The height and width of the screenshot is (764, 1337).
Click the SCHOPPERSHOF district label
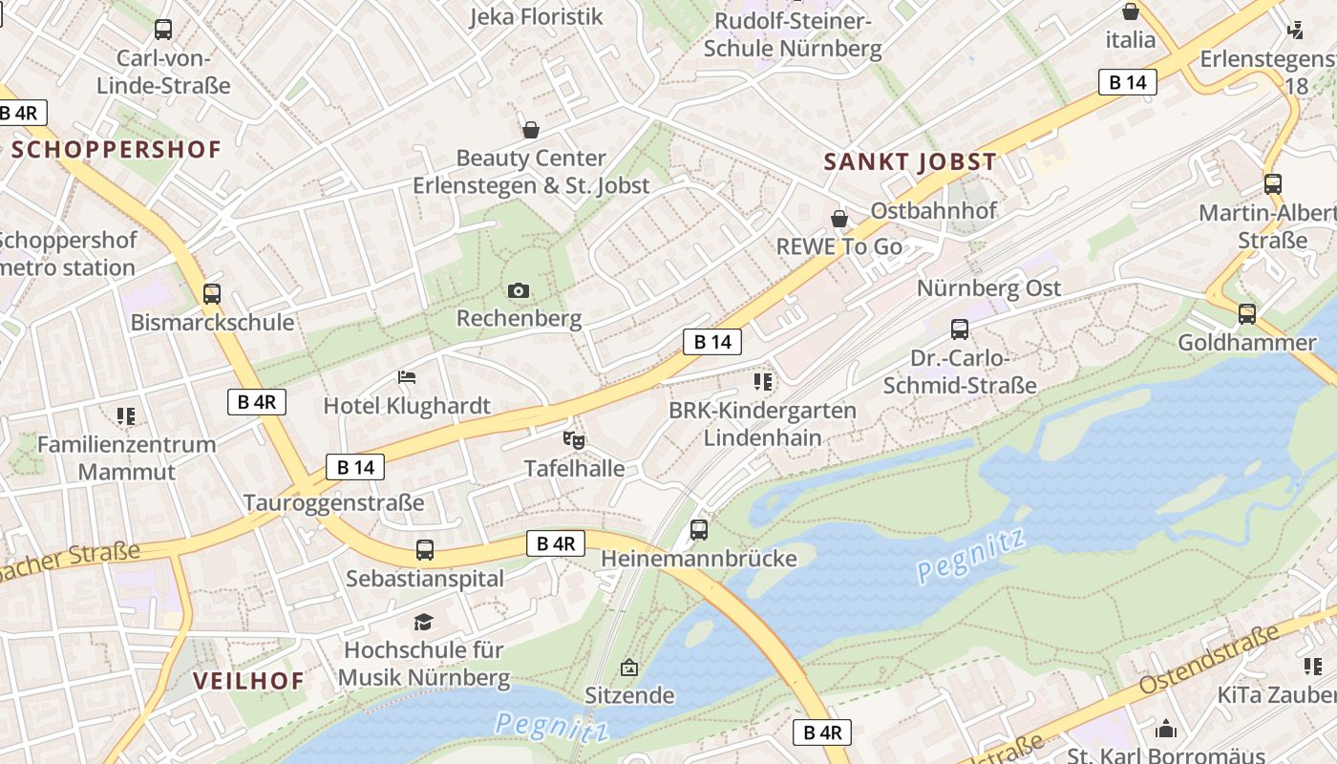[117, 149]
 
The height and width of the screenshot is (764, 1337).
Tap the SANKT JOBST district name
[910, 161]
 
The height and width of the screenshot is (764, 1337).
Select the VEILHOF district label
[248, 681]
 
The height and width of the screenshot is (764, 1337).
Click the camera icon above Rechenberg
[519, 290]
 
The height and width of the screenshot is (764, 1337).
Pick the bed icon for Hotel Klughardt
[407, 377]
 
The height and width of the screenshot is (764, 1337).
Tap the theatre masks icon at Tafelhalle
[574, 440]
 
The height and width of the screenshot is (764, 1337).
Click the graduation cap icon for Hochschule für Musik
[423, 623]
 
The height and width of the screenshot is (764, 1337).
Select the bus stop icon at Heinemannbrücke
[699, 529]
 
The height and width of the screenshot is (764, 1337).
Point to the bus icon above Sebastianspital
[425, 550]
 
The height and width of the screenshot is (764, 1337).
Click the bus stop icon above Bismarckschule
[212, 294]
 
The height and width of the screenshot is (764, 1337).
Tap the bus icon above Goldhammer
[1246, 313]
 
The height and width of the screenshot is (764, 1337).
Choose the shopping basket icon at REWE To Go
[839, 219]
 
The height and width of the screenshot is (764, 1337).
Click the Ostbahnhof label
[933, 210]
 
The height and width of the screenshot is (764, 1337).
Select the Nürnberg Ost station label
[988, 288]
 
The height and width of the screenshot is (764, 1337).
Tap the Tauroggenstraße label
[333, 502]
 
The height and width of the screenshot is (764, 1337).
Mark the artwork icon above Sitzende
[628, 667]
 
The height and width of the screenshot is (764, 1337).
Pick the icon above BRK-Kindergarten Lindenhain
[762, 382]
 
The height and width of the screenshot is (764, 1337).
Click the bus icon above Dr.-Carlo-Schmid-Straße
[960, 329]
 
